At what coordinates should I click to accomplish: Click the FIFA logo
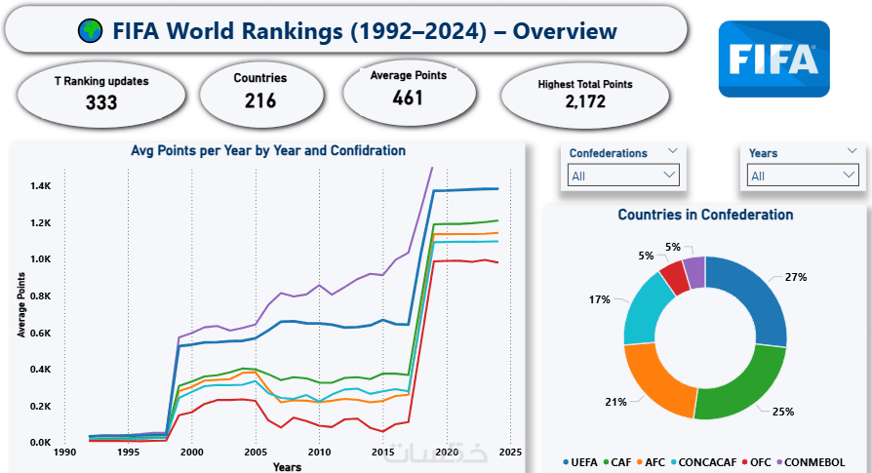[773, 59]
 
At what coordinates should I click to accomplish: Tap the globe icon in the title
[91, 31]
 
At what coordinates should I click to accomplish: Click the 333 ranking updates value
[101, 101]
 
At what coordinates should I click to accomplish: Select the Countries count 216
[260, 100]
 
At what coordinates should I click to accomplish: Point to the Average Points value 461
[409, 98]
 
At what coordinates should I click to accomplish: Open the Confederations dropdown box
[623, 176]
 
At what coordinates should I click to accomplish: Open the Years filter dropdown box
[803, 176]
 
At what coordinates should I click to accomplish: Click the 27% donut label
[796, 278]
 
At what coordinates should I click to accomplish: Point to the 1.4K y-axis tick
[40, 186]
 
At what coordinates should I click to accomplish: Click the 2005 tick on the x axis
[256, 453]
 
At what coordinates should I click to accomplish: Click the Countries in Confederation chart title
[705, 215]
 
